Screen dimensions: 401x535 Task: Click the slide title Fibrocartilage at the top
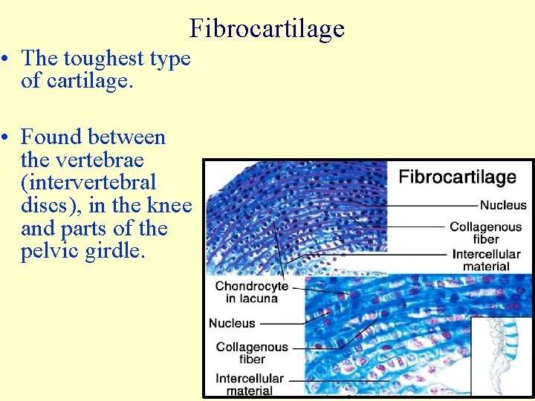click(x=267, y=28)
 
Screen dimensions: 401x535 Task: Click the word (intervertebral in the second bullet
click(x=89, y=183)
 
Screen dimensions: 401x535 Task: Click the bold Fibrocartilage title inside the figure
click(x=457, y=177)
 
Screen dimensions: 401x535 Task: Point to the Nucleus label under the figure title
click(x=503, y=205)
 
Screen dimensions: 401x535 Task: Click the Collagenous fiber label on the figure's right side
click(x=485, y=233)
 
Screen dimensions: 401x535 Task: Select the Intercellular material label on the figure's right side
click(x=486, y=260)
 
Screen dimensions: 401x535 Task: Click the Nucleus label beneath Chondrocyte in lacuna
click(x=232, y=323)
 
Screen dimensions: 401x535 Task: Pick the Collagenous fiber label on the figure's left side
click(x=251, y=353)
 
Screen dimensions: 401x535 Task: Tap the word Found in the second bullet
click(x=51, y=137)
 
